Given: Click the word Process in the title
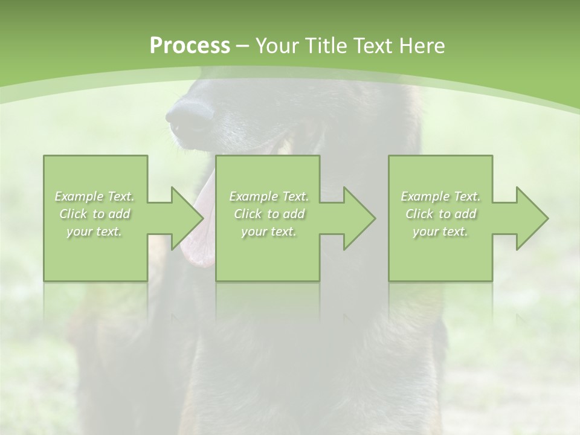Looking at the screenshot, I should (x=190, y=46).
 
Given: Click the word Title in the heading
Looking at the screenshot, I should (x=326, y=46).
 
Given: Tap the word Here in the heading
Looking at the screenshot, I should (x=423, y=46).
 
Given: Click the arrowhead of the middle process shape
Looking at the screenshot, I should (x=357, y=218).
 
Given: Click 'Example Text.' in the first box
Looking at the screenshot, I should (x=95, y=196).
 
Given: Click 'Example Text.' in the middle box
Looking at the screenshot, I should (x=268, y=196).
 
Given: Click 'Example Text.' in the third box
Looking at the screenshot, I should (x=440, y=196).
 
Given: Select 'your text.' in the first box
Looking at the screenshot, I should (x=94, y=231).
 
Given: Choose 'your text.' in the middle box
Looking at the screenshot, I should (x=268, y=231).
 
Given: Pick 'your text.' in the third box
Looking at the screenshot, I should (x=440, y=231).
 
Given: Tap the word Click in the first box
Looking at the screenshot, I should (x=72, y=214).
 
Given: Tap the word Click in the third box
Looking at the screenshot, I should (x=419, y=214).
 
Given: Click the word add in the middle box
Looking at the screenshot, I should (x=294, y=214).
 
